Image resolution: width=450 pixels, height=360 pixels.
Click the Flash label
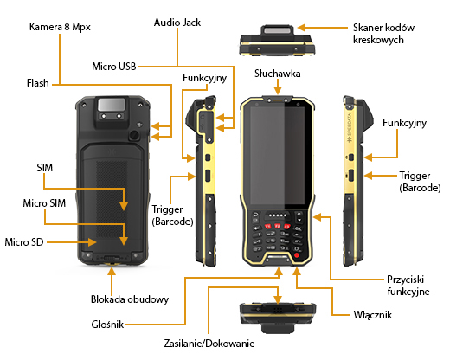point(37,84)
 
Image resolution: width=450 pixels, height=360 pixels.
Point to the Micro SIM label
point(43,202)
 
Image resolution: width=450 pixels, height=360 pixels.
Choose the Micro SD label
point(24,240)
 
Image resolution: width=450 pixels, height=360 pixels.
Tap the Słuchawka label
point(276,74)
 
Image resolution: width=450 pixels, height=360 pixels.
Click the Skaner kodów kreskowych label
point(385,35)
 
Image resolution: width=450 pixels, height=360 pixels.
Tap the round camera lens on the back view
point(135,136)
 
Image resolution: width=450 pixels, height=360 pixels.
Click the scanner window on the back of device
point(111,107)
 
